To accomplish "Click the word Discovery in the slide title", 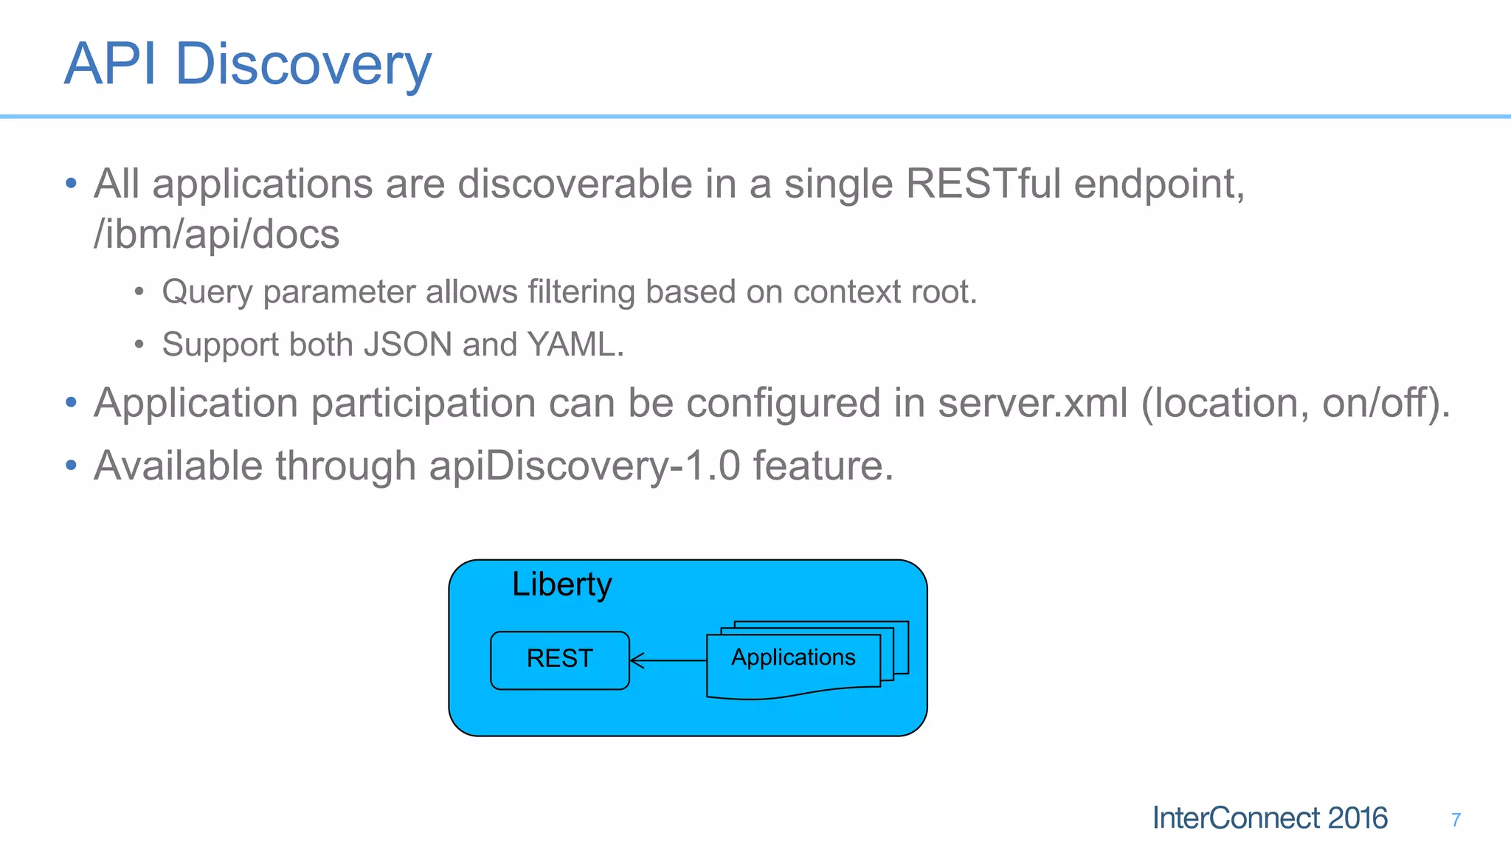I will (x=302, y=65).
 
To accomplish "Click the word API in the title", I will (x=111, y=65).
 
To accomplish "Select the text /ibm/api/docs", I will (x=216, y=235).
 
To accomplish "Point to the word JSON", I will (x=408, y=345).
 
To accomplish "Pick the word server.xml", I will (x=1033, y=404).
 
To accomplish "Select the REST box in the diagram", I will (x=559, y=659).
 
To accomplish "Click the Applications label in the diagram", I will (x=793, y=657).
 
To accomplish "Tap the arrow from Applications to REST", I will (x=668, y=660).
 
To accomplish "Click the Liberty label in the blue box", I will (x=561, y=585).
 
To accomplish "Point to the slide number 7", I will (x=1456, y=820).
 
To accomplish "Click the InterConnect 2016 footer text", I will (x=1270, y=818).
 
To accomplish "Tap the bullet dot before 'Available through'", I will (x=71, y=466).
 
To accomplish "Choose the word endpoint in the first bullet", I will (x=1159, y=184).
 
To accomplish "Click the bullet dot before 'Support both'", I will (x=139, y=344).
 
